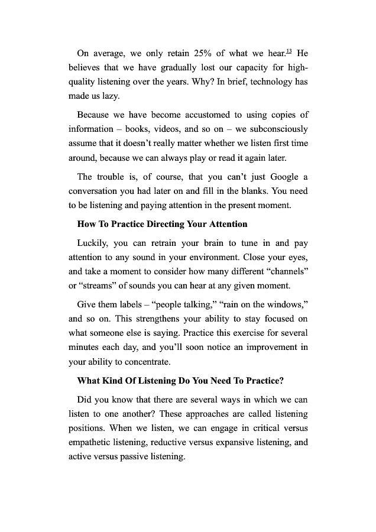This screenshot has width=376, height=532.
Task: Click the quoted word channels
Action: [x=286, y=271]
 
